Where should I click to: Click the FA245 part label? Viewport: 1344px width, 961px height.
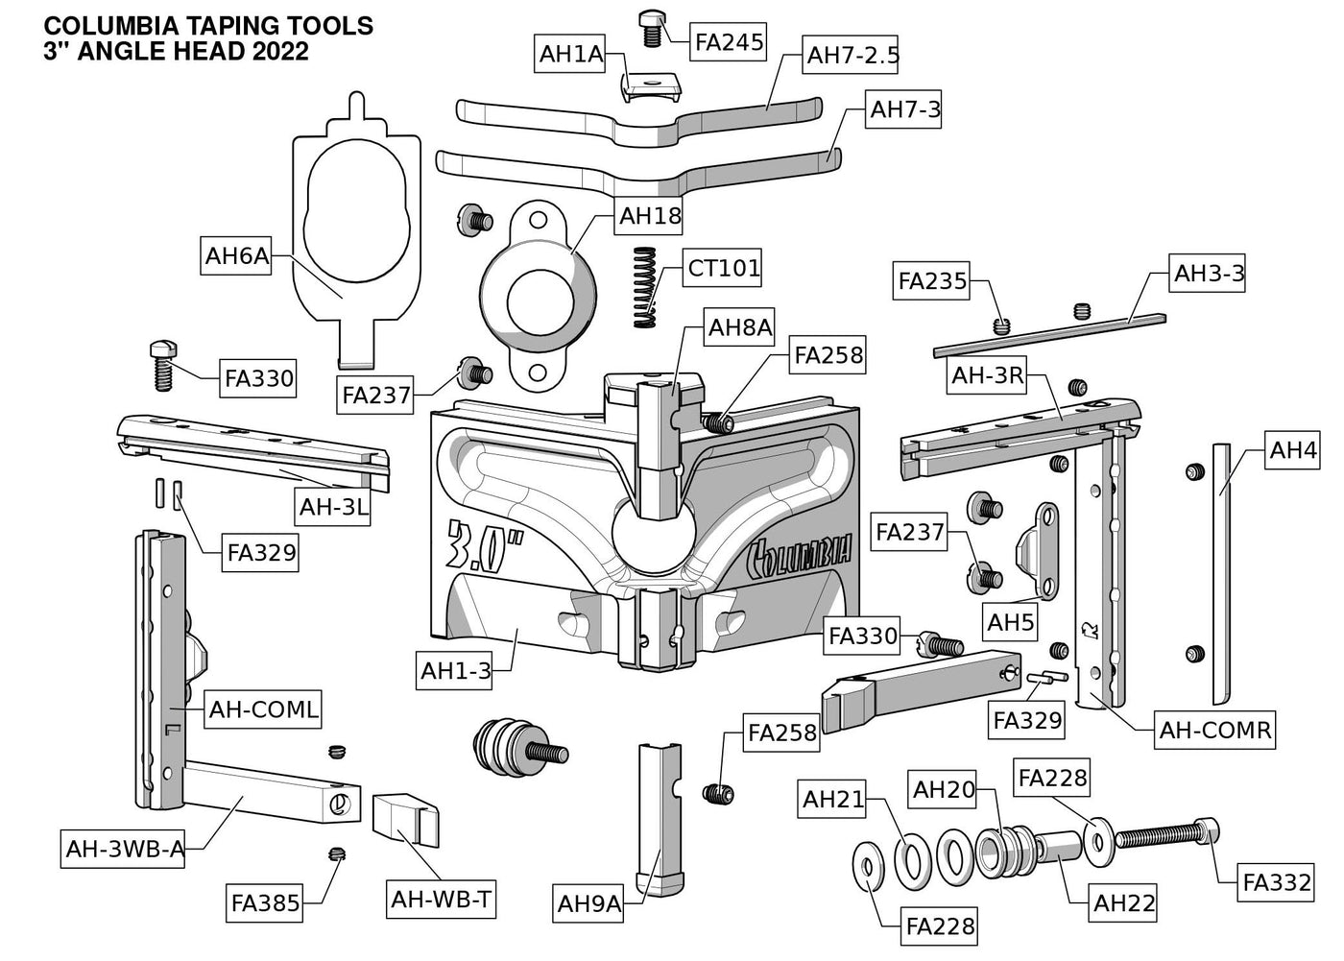pyautogui.click(x=729, y=41)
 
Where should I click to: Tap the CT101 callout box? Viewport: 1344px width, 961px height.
pyautogui.click(x=723, y=268)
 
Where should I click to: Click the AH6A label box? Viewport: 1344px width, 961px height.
pyautogui.click(x=236, y=256)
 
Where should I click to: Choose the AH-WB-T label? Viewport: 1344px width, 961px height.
pyautogui.click(x=442, y=900)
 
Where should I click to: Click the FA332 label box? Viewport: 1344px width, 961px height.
pyautogui.click(x=1276, y=882)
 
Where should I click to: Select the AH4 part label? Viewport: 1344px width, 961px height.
pyautogui.click(x=1292, y=450)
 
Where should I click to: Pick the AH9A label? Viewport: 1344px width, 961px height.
pyautogui.click(x=589, y=903)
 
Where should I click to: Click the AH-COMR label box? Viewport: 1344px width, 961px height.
pyautogui.click(x=1214, y=730)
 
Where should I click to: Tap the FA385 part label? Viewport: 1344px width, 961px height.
pyautogui.click(x=266, y=902)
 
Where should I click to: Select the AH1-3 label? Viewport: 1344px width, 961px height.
pyautogui.click(x=455, y=670)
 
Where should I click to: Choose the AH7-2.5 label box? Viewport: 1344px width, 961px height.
pyautogui.click(x=852, y=56)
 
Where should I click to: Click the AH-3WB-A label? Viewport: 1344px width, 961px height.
pyautogui.click(x=125, y=849)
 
